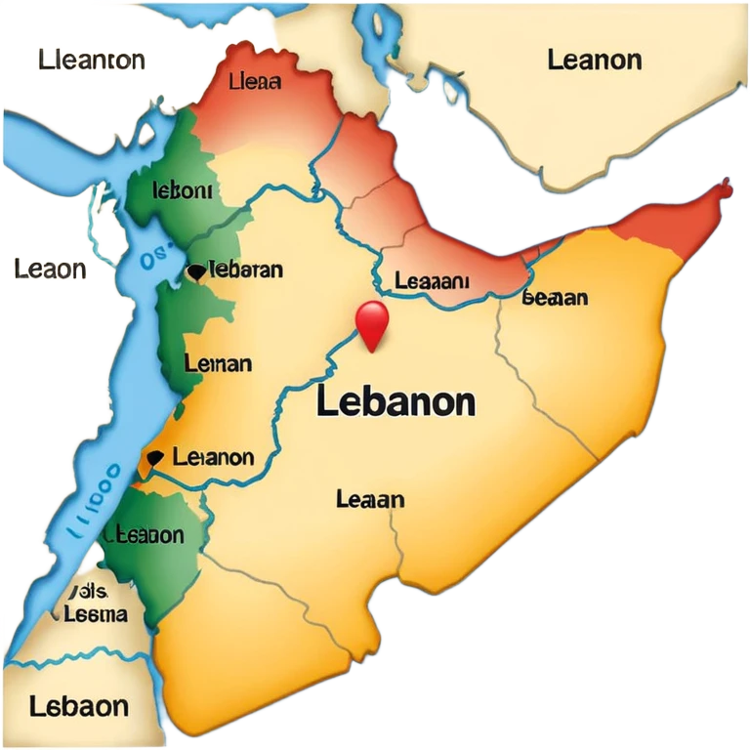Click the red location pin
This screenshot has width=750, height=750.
click(372, 322)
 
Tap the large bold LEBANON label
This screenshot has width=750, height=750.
click(396, 402)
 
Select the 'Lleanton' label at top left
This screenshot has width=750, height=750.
click(93, 61)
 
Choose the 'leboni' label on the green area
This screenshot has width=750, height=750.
click(183, 189)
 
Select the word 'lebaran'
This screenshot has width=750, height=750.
click(247, 270)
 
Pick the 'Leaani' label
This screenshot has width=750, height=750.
click(432, 281)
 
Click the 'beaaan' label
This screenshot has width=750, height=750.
click(555, 297)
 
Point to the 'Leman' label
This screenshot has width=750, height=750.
click(218, 364)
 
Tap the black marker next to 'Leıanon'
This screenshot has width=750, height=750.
click(153, 457)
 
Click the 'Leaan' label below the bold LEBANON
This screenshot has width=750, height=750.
click(370, 499)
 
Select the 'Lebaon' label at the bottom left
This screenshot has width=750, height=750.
click(78, 705)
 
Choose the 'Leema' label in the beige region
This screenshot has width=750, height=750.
click(95, 614)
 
